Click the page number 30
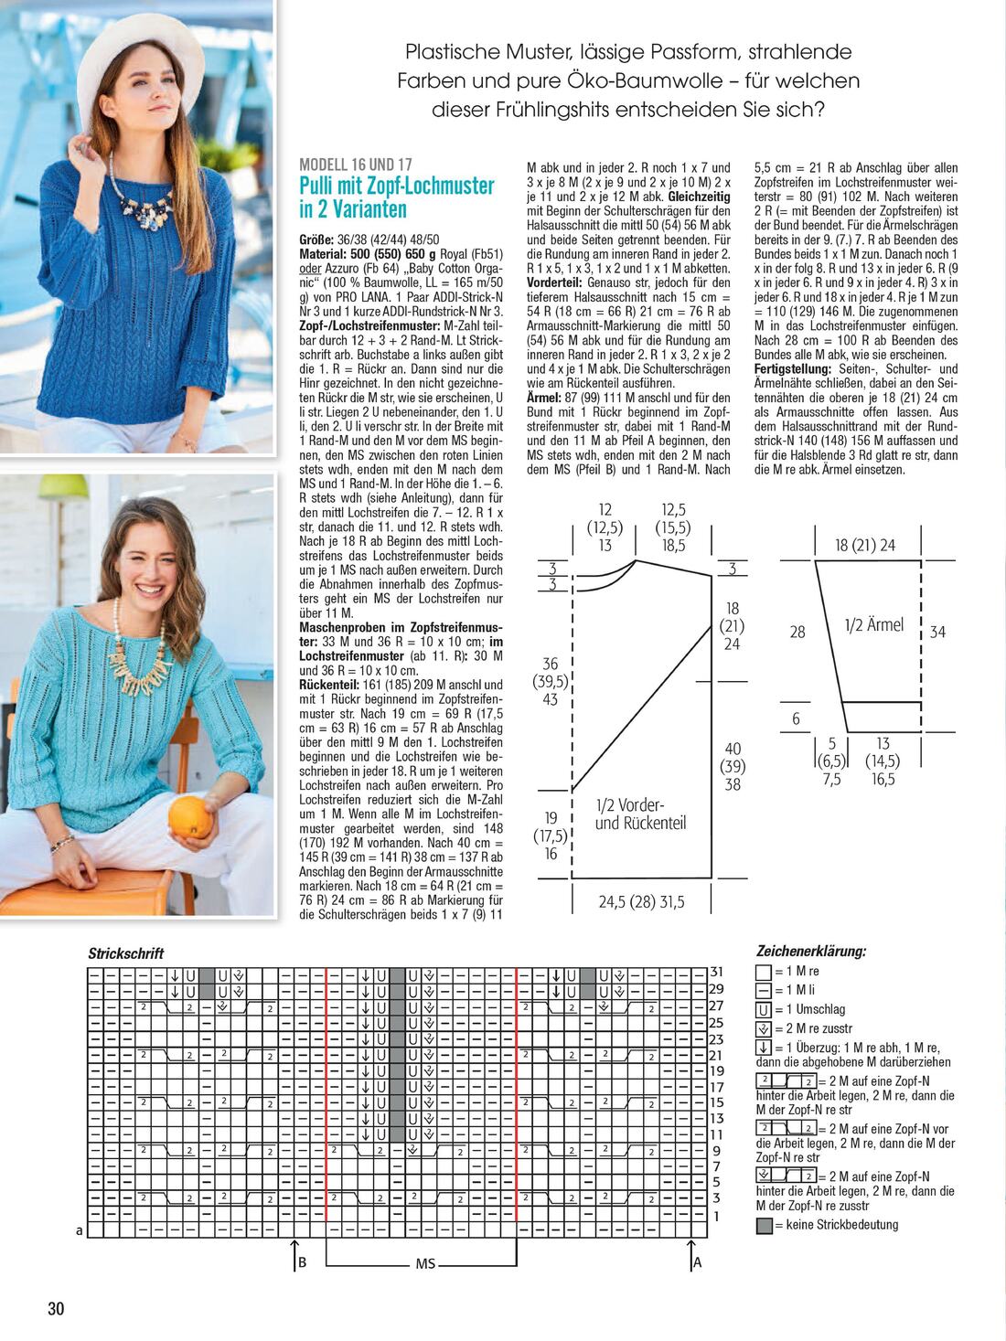pos(56,1308)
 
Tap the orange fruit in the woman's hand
pos(190,816)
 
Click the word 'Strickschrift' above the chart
pos(126,953)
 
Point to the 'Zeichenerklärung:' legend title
pos(811,951)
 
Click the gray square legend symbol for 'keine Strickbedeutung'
pos(764,1226)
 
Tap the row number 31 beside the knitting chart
pos(717,972)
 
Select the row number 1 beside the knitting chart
pos(717,1216)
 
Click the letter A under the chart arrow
pos(697,1263)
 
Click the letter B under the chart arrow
pos(302,1263)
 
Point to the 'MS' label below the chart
pos(425,1264)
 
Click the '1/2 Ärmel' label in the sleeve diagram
pos(873,625)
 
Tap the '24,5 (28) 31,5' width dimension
pos(641,902)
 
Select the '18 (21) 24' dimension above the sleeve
pos(864,546)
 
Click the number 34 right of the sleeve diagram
pos(937,632)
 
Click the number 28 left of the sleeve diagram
pos(797,632)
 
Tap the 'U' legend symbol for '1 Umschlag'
pos(764,1010)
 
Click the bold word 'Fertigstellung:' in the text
pos(792,368)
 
